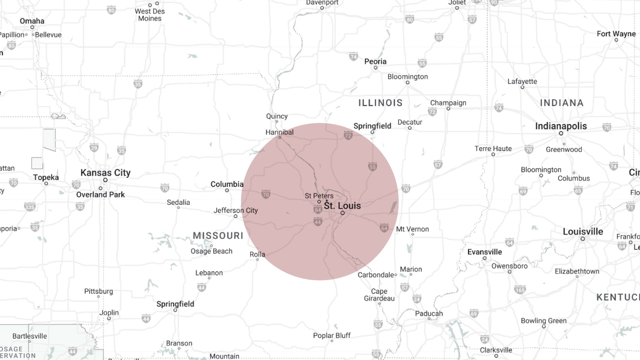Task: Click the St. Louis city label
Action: click(342, 206)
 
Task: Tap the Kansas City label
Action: click(105, 173)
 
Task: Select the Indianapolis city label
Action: click(561, 126)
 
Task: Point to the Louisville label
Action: click(583, 232)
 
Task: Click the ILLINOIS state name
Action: click(380, 103)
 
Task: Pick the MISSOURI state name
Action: click(218, 236)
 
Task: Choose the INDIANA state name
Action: click(562, 103)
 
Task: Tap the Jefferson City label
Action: click(236, 210)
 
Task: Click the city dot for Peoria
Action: click(376, 68)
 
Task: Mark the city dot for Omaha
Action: click(32, 27)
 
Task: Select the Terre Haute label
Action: click(493, 149)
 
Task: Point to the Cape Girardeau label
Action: click(379, 295)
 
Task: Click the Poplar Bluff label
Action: click(332, 335)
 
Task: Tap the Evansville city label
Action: click(484, 252)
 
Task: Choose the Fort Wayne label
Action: click(616, 34)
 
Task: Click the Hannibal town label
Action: click(279, 132)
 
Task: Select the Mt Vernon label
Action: click(412, 229)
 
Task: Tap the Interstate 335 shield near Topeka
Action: click(30, 207)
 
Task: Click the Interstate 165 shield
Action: click(520, 289)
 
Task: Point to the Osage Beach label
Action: click(211, 251)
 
